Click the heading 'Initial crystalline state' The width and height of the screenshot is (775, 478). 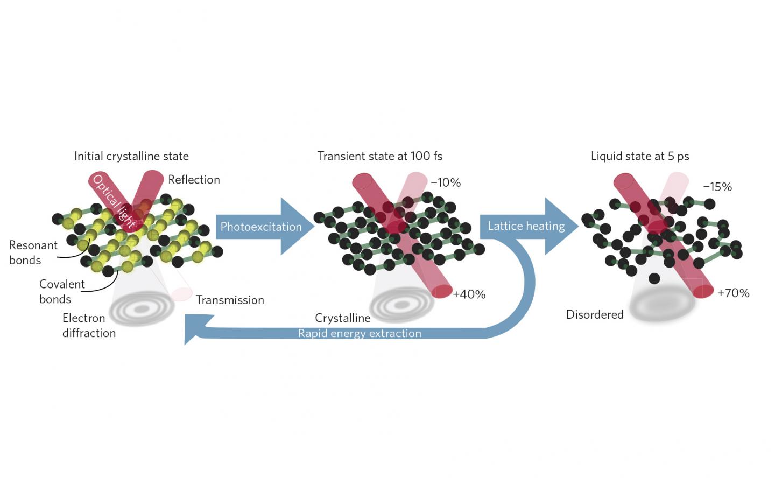point(131,156)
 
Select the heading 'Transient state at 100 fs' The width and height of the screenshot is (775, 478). point(379,156)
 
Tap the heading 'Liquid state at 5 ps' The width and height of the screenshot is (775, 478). point(639,156)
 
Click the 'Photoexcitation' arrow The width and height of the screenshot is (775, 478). point(261,227)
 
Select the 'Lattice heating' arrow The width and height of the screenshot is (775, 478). point(526,226)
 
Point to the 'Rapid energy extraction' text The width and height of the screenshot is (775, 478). point(360,333)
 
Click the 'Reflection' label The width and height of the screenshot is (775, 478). point(194,180)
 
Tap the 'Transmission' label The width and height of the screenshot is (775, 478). point(230,300)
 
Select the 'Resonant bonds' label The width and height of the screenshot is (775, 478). point(33,252)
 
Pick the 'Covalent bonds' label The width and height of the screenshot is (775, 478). point(62,291)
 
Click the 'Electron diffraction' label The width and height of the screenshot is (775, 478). point(89,325)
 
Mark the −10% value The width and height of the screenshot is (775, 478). point(446,182)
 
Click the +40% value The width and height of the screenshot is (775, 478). point(469,294)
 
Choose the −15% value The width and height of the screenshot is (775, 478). point(717,187)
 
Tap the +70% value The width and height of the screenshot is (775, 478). point(733,293)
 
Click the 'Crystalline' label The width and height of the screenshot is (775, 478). point(342,318)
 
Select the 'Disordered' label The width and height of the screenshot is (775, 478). point(595,314)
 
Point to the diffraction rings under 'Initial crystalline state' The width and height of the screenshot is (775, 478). point(142,309)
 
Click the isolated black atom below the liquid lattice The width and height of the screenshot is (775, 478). point(654,278)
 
